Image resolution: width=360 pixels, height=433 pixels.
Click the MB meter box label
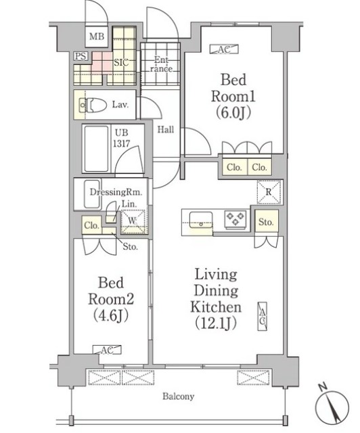(x=97, y=37)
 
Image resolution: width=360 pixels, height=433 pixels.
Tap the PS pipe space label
(x=81, y=56)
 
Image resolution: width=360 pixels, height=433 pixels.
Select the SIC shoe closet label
(x=121, y=63)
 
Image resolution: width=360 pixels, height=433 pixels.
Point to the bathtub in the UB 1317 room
(x=96, y=149)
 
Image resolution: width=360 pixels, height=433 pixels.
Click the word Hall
(x=166, y=129)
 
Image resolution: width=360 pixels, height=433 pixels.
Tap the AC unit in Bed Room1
(x=224, y=49)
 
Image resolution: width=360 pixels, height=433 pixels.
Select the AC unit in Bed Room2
(x=107, y=350)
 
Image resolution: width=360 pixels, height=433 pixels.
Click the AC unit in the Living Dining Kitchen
(x=263, y=317)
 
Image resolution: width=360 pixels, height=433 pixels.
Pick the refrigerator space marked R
(x=269, y=192)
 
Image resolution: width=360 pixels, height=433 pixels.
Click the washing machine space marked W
(x=133, y=221)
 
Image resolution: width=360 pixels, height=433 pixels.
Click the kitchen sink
(x=201, y=220)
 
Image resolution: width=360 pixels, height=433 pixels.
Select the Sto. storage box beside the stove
(x=266, y=223)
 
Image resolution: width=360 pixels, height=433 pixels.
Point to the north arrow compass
(x=332, y=406)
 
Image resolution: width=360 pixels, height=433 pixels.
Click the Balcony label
(x=178, y=396)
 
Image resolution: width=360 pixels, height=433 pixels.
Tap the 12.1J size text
(x=216, y=323)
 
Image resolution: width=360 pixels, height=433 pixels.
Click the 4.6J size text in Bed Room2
(x=111, y=315)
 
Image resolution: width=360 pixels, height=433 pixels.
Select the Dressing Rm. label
(x=116, y=192)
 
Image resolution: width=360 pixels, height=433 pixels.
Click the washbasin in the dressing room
(x=92, y=193)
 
